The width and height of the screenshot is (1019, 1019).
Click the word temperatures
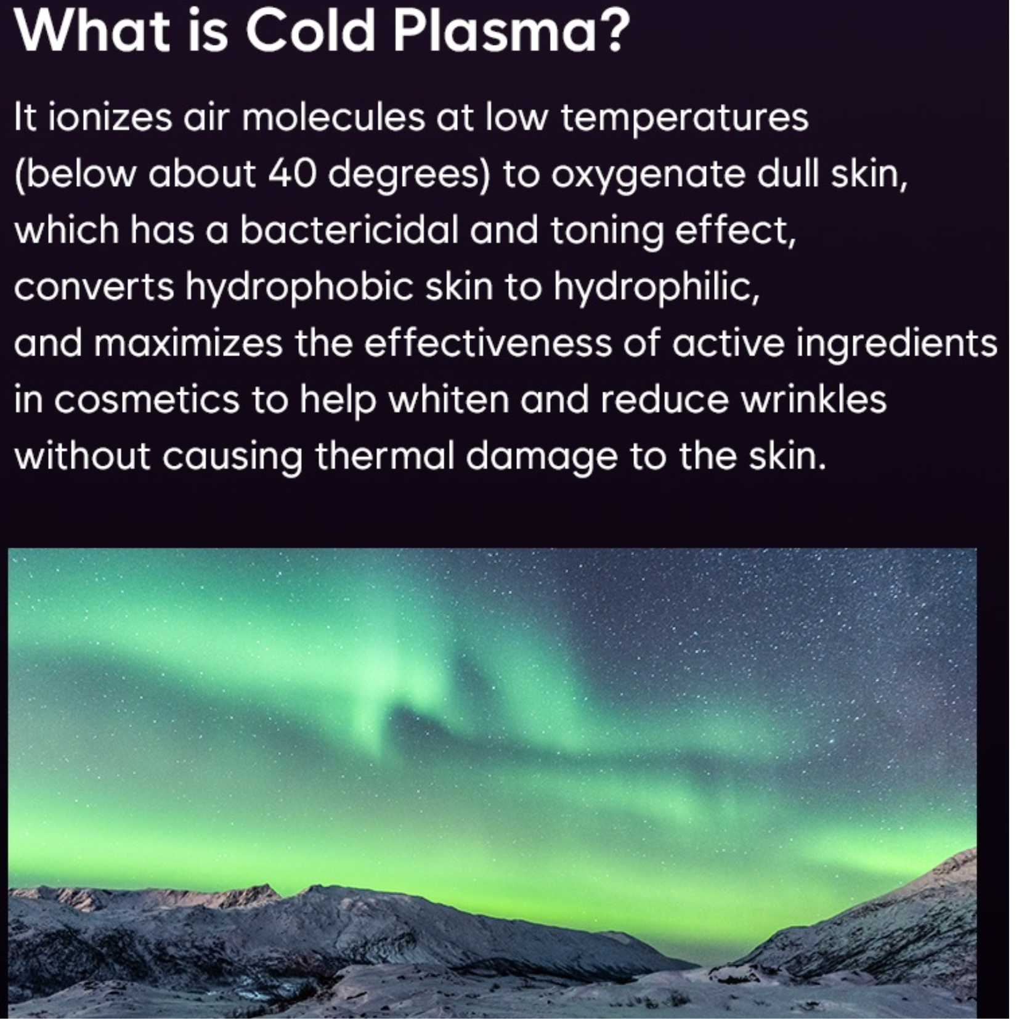pyautogui.click(x=684, y=118)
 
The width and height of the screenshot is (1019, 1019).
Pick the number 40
pyautogui.click(x=292, y=174)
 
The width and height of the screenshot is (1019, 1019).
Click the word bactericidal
pyautogui.click(x=349, y=230)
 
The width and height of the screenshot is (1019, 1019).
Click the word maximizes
pyautogui.click(x=188, y=344)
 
